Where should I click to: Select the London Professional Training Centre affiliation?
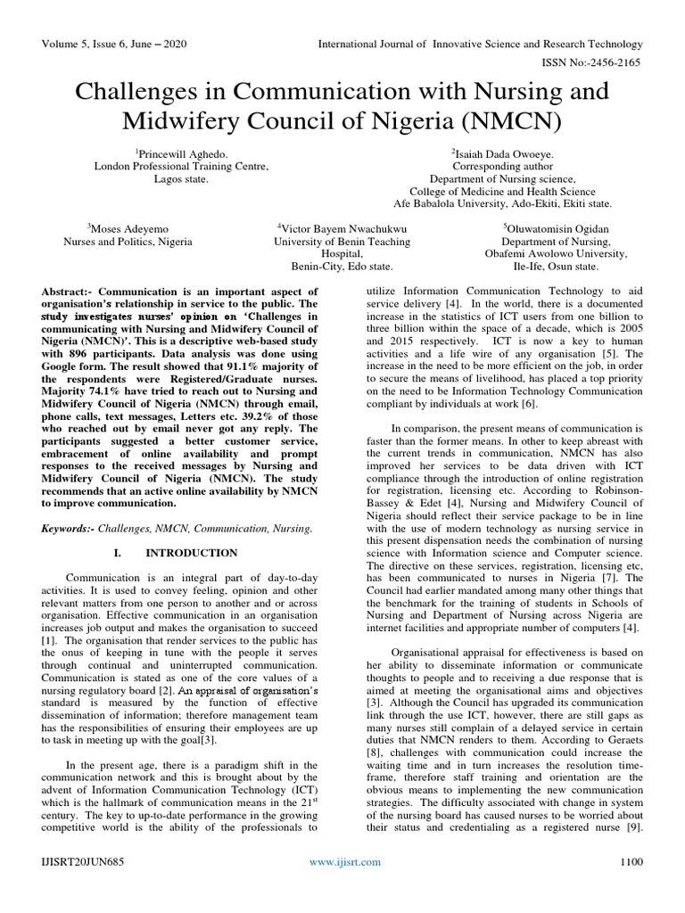point(181,166)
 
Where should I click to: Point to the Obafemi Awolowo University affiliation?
point(556,253)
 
